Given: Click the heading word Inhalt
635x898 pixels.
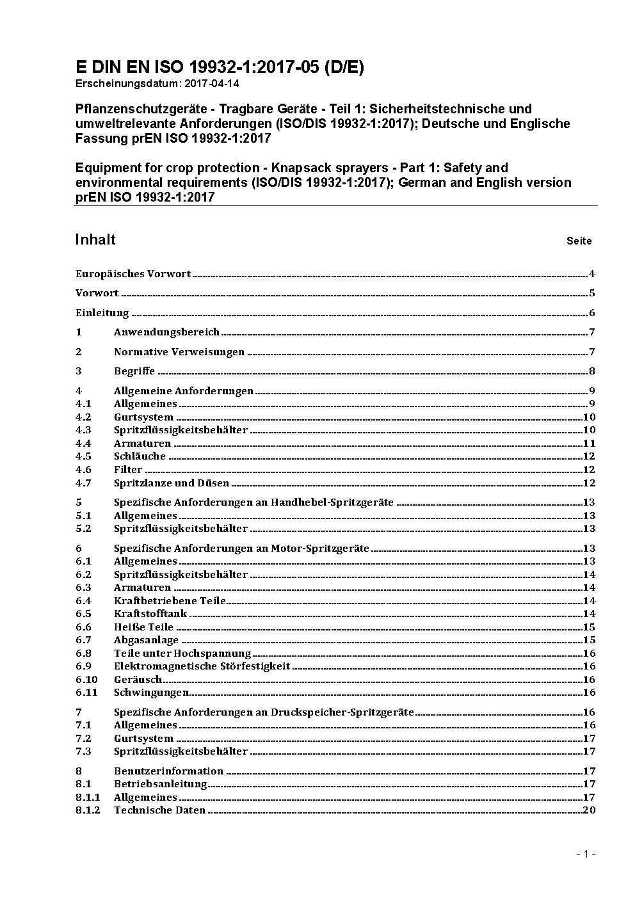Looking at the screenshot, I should point(95,239).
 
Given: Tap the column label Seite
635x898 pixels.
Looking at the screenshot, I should point(579,241).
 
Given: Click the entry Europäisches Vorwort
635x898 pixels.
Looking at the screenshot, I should point(133,274).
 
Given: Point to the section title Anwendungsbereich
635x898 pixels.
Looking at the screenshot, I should point(166,332).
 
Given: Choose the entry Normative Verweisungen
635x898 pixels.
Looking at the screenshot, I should point(179,351).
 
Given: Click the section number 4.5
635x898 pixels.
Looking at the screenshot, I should point(83,456).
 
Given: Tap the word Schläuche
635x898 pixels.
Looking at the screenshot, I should point(140,456).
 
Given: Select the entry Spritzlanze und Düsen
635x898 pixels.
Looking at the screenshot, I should point(172,483).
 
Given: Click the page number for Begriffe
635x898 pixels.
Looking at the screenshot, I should point(592,371).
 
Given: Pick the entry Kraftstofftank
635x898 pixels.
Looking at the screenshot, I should point(150,613).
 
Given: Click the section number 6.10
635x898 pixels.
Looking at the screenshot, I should point(86,679).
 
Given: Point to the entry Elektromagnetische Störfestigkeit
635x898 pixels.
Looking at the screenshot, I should point(202,666).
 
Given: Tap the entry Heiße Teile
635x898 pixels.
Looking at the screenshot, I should point(143,627).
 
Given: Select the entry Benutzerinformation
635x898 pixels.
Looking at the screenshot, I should point(168,771).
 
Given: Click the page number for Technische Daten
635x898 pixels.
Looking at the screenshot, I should point(589,810).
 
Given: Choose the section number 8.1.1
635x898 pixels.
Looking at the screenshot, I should point(88,797).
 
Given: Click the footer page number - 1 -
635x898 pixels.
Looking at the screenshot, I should point(586,854).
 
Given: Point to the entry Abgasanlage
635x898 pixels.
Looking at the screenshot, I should point(146,639).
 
